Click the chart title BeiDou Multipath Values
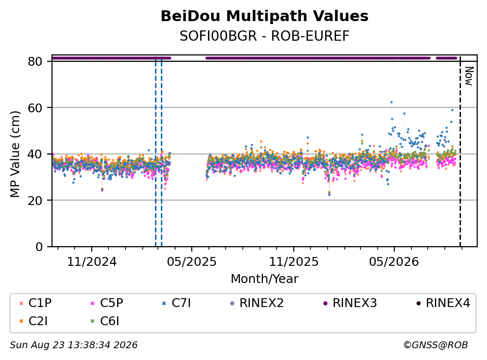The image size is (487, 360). tap(264, 16)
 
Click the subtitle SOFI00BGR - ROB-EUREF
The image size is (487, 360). tap(264, 36)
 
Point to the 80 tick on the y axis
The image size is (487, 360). tap(35, 61)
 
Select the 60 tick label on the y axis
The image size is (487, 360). tap(35, 108)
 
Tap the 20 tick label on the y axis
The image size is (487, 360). tap(35, 200)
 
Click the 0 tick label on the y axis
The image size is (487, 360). tap(39, 247)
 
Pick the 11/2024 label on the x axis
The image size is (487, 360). tap(92, 262)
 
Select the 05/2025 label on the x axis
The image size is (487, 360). tap(192, 262)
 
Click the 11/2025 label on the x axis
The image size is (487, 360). tap(293, 262)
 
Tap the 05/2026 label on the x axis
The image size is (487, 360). tap(394, 262)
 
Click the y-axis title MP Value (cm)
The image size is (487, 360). tap(15, 154)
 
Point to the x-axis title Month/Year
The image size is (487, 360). tap(264, 279)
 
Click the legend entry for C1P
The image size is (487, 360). tap(35, 303)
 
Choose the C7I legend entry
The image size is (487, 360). tap(176, 303)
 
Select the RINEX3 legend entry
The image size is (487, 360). tap(350, 303)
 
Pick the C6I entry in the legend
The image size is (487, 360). tap(104, 321)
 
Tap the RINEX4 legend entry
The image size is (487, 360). tap(443, 303)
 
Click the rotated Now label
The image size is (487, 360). tap(469, 76)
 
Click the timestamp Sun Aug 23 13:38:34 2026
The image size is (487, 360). tap(74, 345)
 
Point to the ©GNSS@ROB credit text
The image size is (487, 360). tap(436, 345)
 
